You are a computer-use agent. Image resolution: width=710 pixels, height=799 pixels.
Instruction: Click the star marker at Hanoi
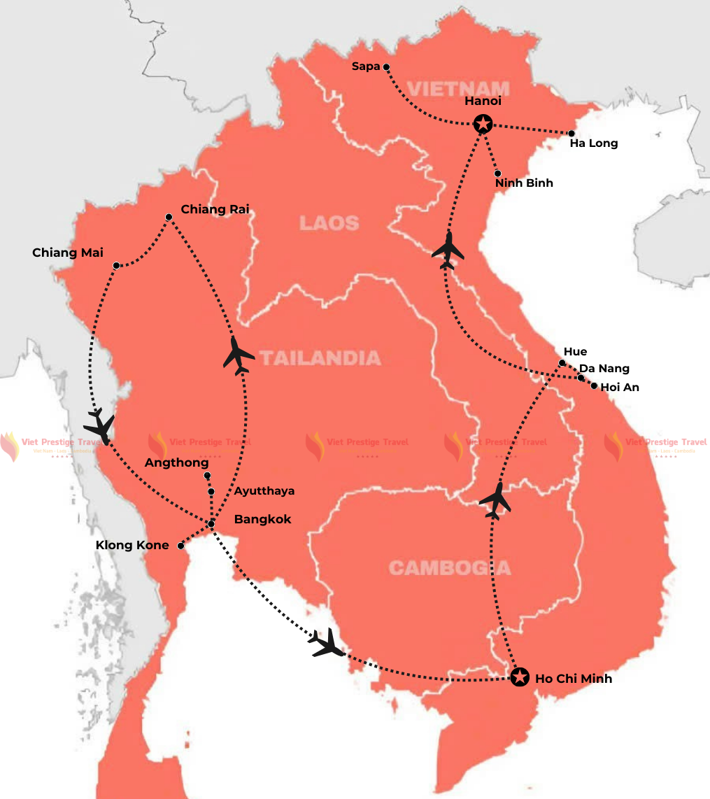[483, 124]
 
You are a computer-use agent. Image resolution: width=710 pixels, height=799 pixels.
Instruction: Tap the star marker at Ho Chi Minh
[519, 677]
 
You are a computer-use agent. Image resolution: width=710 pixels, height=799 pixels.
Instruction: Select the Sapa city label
[366, 66]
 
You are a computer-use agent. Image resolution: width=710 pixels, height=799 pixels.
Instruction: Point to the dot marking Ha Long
[571, 133]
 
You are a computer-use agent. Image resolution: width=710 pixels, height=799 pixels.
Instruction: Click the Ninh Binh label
[524, 183]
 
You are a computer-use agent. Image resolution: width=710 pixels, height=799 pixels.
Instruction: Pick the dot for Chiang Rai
[169, 217]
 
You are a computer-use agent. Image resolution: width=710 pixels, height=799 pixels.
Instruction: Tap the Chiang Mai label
[68, 253]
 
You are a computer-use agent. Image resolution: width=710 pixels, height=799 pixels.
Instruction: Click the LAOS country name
[329, 223]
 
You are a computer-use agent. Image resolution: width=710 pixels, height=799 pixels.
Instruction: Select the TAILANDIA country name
[320, 358]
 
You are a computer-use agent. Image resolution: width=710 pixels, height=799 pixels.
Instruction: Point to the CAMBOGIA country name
[450, 567]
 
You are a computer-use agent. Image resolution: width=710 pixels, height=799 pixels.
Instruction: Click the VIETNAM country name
[458, 88]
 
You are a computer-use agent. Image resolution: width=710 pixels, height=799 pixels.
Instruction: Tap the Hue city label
[575, 352]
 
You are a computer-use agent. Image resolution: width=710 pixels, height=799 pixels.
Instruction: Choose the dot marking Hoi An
[594, 386]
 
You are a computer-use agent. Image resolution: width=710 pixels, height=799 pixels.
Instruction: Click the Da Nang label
[604, 369]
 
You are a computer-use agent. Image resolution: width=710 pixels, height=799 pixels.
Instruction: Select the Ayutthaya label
[264, 491]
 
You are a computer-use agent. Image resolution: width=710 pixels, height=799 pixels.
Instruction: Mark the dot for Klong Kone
[180, 546]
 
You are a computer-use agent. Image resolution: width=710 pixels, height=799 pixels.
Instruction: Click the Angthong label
[176, 463]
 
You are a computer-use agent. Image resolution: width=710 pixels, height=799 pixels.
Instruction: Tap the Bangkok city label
[262, 520]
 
